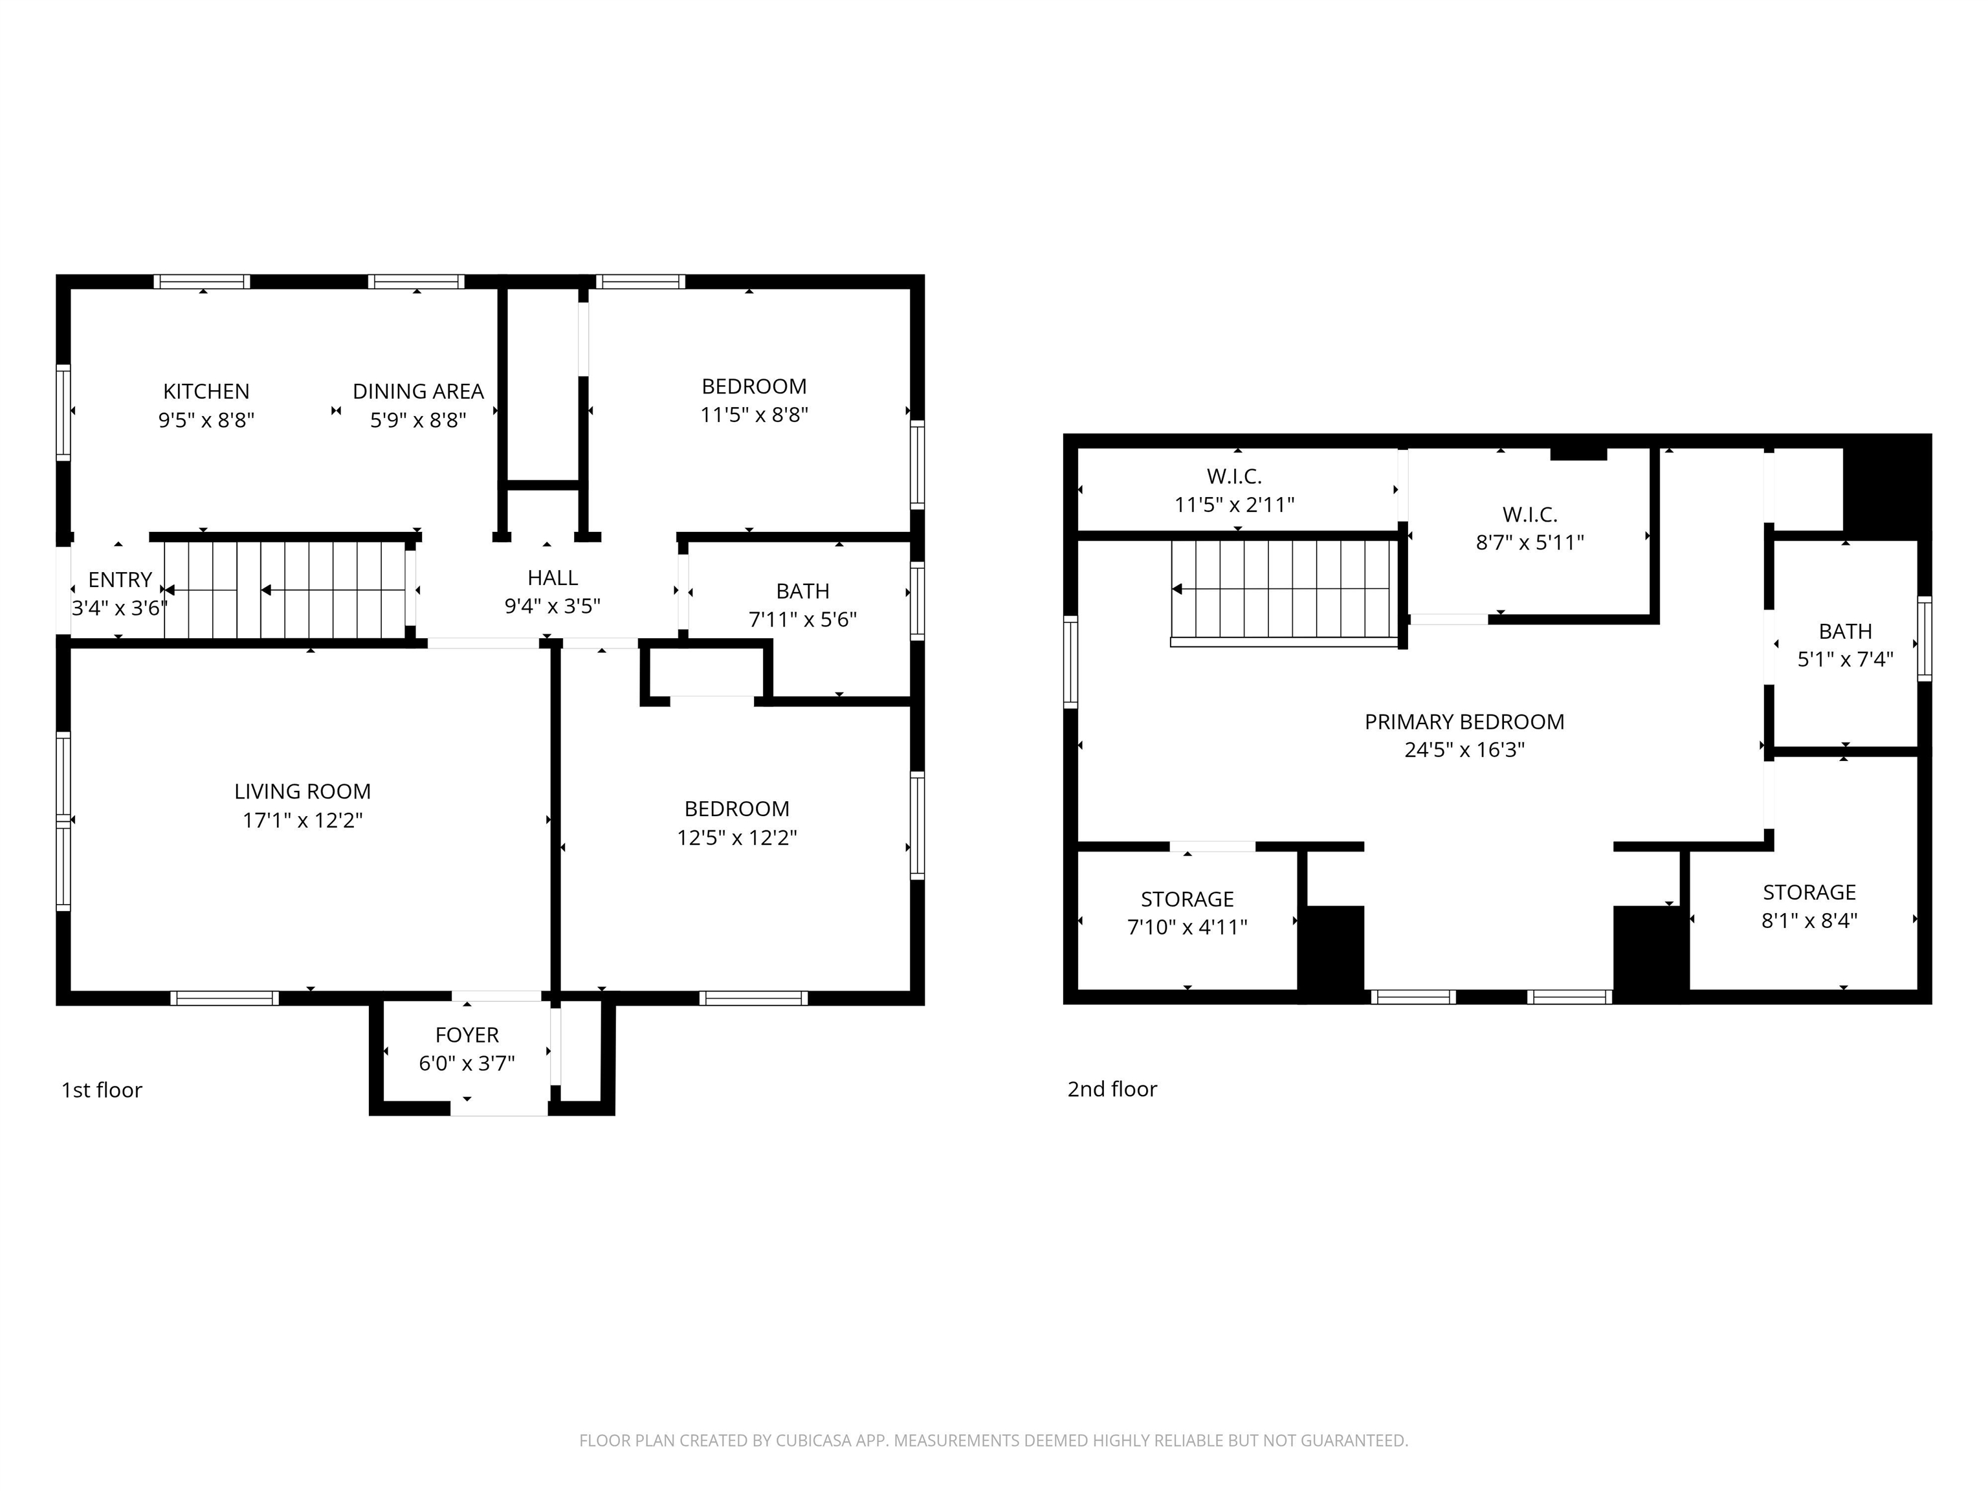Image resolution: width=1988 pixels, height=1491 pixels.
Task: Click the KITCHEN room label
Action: pyautogui.click(x=206, y=392)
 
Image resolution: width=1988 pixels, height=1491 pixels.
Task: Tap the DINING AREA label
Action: pyautogui.click(x=418, y=392)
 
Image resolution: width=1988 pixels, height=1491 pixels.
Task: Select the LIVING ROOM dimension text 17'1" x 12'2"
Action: pyautogui.click(x=303, y=820)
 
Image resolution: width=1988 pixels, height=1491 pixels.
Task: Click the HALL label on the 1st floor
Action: pyautogui.click(x=553, y=578)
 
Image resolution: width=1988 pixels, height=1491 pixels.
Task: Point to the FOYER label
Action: pyautogui.click(x=467, y=1035)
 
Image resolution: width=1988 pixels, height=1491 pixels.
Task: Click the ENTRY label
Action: pyautogui.click(x=120, y=580)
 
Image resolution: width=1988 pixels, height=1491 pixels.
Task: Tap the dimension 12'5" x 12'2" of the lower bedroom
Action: pyautogui.click(x=737, y=837)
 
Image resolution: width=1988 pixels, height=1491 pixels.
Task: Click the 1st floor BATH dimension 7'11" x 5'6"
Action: pyautogui.click(x=802, y=619)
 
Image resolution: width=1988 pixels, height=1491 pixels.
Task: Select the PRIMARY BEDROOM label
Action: pyautogui.click(x=1464, y=722)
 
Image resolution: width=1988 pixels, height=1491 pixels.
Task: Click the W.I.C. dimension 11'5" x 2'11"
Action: pyautogui.click(x=1234, y=505)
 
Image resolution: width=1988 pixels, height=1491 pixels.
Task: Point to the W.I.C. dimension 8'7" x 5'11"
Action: pyautogui.click(x=1530, y=543)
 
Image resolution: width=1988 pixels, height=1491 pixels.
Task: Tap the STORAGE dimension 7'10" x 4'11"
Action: pyautogui.click(x=1187, y=927)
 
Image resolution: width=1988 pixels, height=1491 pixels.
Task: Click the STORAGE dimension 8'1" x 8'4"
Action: pyautogui.click(x=1809, y=920)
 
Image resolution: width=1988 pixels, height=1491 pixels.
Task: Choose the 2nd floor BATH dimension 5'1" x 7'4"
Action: pyautogui.click(x=1845, y=659)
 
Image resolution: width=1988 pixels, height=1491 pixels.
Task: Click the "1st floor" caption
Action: pyautogui.click(x=102, y=1090)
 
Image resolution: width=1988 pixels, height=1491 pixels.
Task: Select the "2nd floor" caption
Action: pyautogui.click(x=1112, y=1089)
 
